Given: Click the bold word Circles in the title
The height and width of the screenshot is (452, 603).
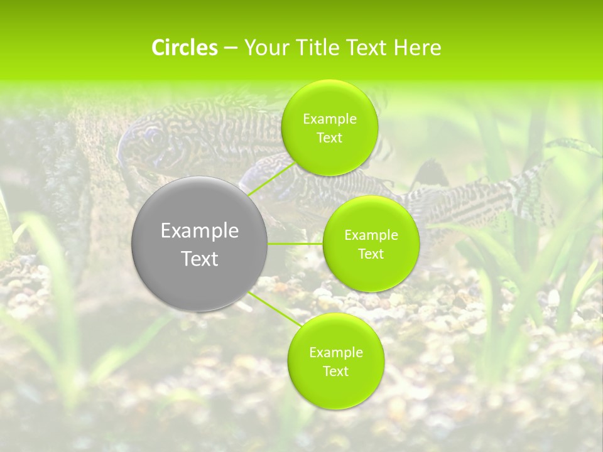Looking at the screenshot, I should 185,48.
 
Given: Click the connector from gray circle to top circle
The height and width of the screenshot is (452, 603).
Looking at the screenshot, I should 271,178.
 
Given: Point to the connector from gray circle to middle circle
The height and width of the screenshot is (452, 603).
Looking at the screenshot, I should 295,244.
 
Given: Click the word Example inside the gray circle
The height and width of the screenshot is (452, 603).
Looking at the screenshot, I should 199,231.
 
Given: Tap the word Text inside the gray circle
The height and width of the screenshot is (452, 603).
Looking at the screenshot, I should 199,259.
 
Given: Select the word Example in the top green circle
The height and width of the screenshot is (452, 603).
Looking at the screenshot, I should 329,119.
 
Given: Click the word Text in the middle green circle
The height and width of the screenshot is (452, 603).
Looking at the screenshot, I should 371,254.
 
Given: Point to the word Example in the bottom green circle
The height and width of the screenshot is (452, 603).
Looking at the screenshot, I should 335,353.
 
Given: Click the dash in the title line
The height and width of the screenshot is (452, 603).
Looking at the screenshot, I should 231,48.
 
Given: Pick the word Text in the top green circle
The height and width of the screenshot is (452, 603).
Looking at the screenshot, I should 329,138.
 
